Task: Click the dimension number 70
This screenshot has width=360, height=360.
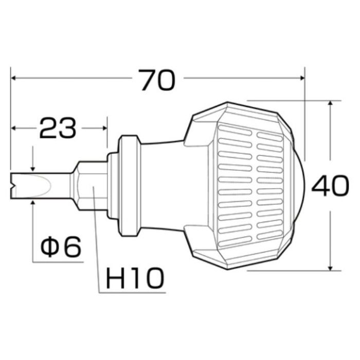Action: [x=158, y=80]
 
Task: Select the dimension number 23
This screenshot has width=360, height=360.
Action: [x=58, y=128]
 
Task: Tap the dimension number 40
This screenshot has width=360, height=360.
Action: [x=330, y=186]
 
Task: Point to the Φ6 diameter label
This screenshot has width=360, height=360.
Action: [x=61, y=246]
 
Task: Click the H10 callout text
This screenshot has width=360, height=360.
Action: [x=135, y=278]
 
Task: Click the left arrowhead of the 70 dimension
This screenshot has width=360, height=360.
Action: [x=13, y=78]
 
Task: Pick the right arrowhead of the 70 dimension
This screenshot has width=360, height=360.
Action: [x=302, y=78]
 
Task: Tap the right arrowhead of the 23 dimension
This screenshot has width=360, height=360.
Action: [x=105, y=128]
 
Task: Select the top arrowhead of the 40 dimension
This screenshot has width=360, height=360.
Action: [x=330, y=103]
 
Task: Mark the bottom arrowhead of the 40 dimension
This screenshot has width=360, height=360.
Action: [x=330, y=268]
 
